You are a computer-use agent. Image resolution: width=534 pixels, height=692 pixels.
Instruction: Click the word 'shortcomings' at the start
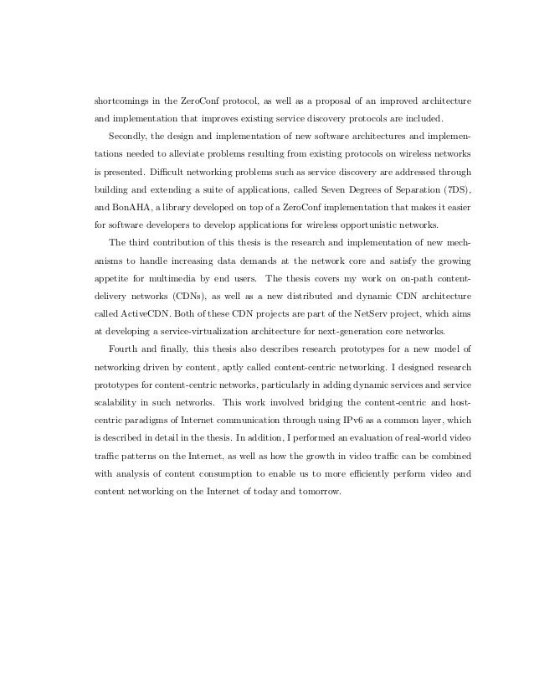[117, 102]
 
